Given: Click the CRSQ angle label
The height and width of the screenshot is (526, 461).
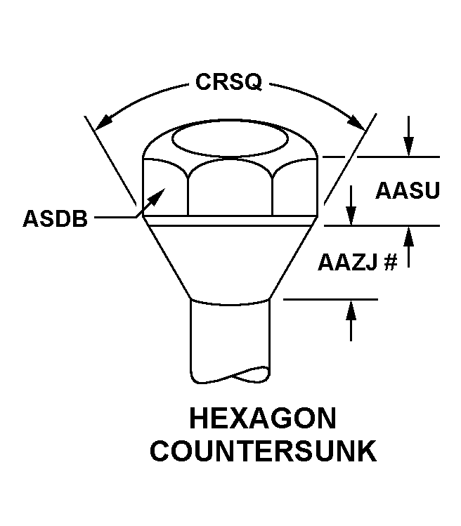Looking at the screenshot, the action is (228, 82).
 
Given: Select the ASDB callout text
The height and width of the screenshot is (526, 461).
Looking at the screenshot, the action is (55, 218).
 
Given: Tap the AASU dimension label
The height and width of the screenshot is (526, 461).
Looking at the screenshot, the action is (408, 190).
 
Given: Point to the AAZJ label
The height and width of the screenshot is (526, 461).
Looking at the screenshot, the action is (348, 262).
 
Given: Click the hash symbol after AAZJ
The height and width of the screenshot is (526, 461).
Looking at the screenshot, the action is (391, 262).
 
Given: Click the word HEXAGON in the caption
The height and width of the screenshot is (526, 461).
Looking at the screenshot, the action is (263, 419).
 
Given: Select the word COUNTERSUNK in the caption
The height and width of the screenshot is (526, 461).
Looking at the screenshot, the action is (264, 451).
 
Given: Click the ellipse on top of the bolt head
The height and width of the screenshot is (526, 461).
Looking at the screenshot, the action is (230, 138).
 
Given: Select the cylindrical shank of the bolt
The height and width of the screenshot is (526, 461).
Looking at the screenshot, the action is (230, 338).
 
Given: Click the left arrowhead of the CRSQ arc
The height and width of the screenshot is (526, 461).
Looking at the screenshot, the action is (103, 121).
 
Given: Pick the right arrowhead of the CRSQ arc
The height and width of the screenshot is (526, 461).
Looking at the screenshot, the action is (356, 122).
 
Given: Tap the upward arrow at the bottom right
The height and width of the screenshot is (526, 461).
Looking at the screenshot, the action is (351, 321).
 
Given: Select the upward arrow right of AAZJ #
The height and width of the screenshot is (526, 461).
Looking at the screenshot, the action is (408, 247).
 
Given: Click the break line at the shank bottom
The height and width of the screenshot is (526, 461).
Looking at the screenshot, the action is (230, 375).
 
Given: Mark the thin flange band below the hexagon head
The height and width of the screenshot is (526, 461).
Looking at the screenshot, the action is (230, 221).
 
